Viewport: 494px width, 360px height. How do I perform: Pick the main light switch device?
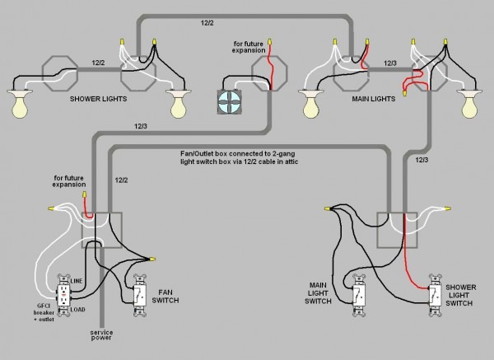pyautogui.click(x=358, y=293)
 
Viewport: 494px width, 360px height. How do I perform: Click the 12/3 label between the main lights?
pyautogui.click(x=390, y=63)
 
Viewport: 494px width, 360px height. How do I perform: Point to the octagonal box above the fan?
pyautogui.click(x=272, y=70)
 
